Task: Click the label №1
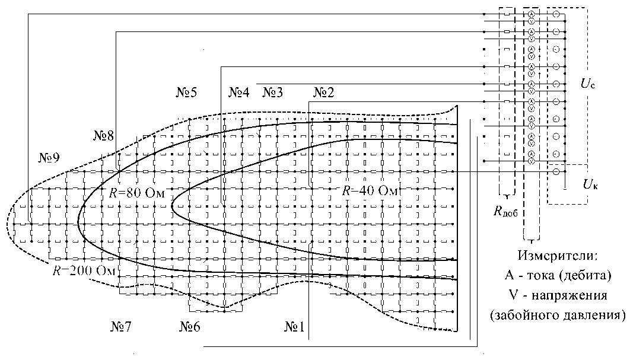[x=295, y=326]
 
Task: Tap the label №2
[x=323, y=93]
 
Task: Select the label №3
[x=273, y=93]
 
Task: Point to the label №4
[x=239, y=93]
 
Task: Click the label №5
[x=186, y=93]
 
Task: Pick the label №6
[x=193, y=326]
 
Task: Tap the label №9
[x=49, y=158]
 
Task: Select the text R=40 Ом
[x=369, y=190]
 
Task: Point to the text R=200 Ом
[x=83, y=271]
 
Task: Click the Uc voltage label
[x=588, y=85]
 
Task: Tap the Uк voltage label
[x=590, y=184]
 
